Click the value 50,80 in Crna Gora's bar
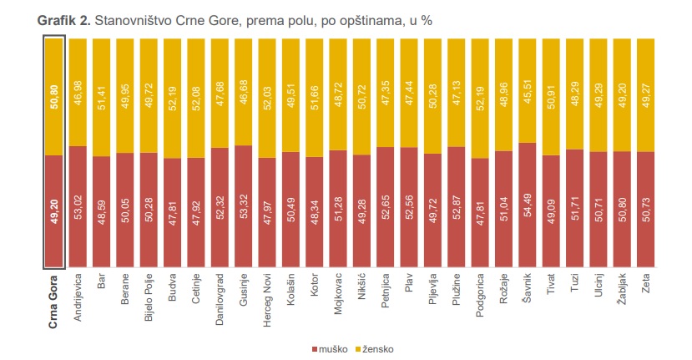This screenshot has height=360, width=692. [54, 96]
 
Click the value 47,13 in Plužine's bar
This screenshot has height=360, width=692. [457, 92]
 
